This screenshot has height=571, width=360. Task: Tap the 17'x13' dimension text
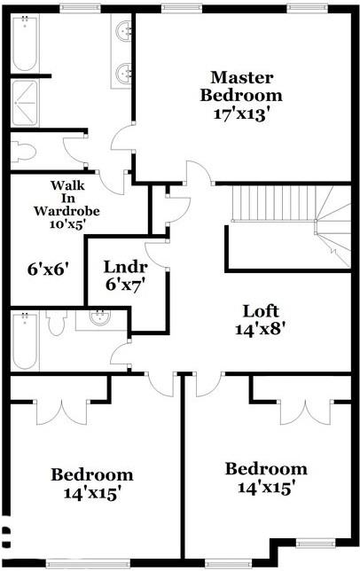click(x=241, y=113)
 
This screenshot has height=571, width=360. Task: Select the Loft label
click(x=262, y=311)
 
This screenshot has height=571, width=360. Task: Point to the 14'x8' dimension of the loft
click(x=262, y=329)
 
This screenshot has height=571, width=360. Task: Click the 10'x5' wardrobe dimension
click(x=67, y=225)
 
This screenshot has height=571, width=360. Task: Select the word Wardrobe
click(x=67, y=211)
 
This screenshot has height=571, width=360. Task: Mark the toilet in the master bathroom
click(x=24, y=152)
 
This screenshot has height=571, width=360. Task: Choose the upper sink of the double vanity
click(x=124, y=33)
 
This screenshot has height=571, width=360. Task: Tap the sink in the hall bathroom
click(x=102, y=318)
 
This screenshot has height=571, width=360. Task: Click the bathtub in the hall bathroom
click(x=24, y=341)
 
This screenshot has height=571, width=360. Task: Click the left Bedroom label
click(x=91, y=474)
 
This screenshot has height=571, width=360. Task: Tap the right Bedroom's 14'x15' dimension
click(x=265, y=487)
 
